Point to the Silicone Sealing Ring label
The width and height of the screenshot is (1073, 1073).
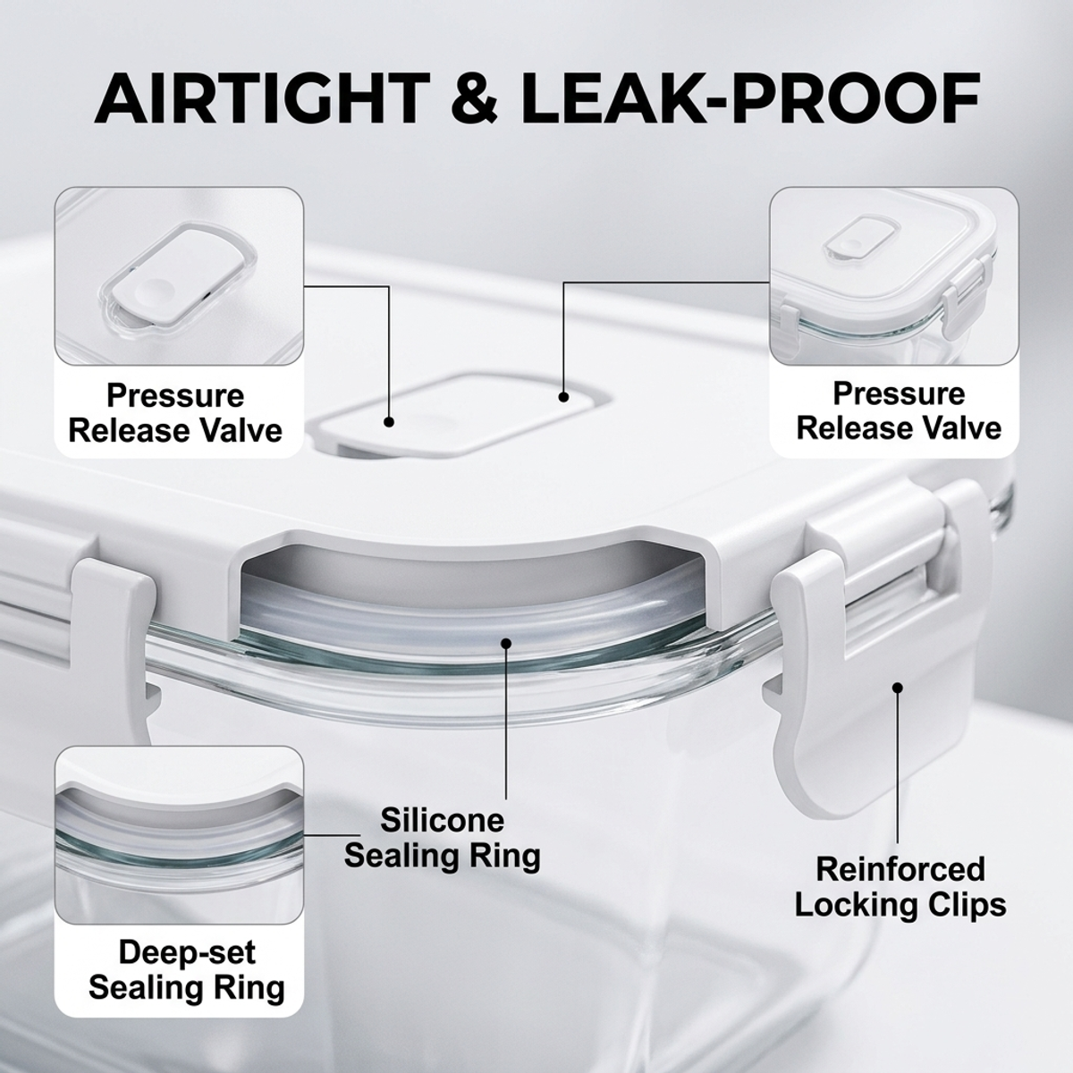coord(442,838)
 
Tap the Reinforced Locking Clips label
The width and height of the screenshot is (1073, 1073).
coord(900,886)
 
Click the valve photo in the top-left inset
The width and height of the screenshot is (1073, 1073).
coord(179,276)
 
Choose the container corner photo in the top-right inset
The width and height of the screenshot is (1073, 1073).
coord(894,276)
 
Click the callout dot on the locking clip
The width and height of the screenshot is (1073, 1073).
coord(897,688)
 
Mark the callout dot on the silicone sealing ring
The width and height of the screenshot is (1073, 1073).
coord(505,644)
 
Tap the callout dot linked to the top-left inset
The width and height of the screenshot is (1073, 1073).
coord(389,422)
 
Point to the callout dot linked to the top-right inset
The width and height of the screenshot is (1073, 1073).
coord(563,397)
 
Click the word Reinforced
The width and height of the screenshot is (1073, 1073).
coord(900,870)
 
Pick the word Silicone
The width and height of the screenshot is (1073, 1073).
coord(442,821)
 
